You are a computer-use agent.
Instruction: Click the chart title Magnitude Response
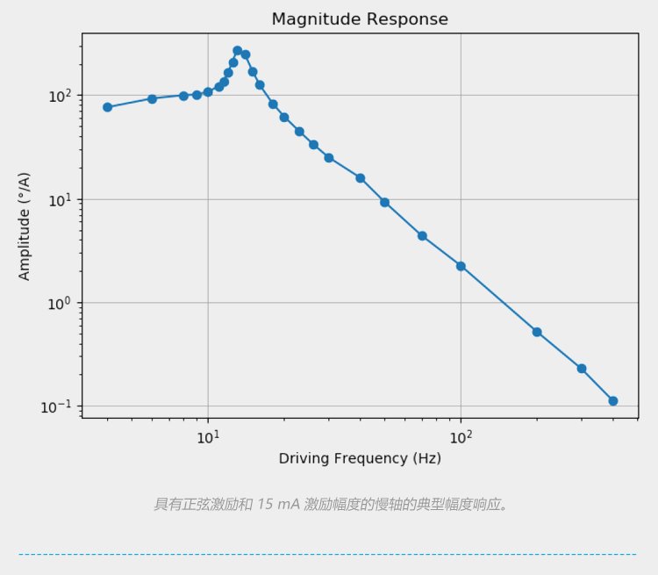coord(360,19)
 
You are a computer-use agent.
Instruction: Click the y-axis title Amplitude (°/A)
coord(25,226)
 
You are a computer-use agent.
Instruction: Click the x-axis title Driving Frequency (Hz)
coord(360,458)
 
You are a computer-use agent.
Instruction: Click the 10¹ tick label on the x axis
coord(207,436)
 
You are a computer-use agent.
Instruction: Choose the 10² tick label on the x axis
coord(461,436)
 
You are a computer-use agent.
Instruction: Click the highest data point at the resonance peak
coord(238,51)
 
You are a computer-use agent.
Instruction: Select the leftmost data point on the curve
coord(107,107)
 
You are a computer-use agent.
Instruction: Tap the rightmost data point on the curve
coord(613,400)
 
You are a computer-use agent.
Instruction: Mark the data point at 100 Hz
coord(461,266)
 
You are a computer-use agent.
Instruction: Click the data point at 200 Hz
coord(537,332)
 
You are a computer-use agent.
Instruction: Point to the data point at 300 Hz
coord(582,369)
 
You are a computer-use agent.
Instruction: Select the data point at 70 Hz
coord(422,236)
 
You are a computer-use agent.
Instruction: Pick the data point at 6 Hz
coord(152,98)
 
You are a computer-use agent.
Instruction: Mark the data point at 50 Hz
coord(384,203)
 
